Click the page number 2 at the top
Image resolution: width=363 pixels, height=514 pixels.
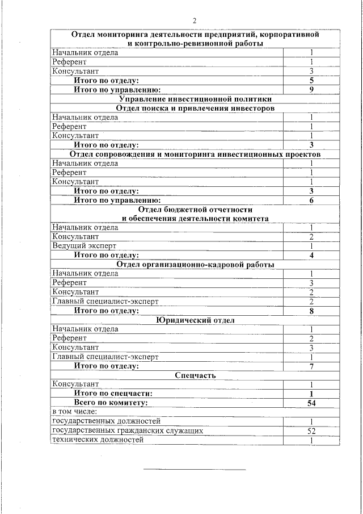(195, 21)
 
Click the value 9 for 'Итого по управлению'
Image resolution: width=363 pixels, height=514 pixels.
(311, 90)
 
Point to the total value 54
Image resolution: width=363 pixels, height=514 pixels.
(311, 403)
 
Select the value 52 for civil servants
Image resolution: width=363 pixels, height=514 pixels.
(311, 431)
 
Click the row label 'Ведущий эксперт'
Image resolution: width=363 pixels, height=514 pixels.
(84, 246)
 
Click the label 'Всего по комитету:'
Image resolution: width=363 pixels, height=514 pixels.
(111, 403)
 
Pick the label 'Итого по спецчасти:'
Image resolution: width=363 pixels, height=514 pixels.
(113, 394)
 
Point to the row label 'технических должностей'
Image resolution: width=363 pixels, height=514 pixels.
(98, 440)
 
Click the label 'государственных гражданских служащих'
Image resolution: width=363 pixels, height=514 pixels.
(128, 431)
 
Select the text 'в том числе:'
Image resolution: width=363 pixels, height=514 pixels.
(74, 412)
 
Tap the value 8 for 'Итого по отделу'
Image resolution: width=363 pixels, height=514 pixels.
(311, 311)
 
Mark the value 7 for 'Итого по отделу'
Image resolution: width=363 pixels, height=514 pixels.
(311, 366)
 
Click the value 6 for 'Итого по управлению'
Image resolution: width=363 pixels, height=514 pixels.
(311, 200)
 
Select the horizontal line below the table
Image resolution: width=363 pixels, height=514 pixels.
(195, 470)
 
